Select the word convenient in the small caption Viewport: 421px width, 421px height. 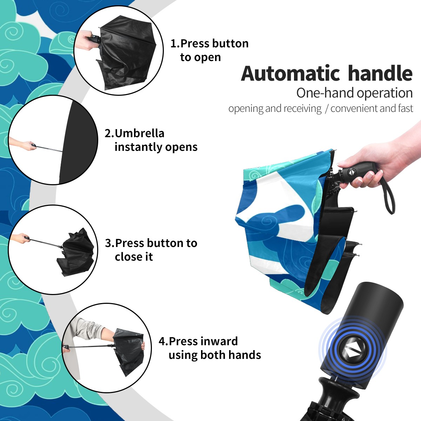tap(354, 108)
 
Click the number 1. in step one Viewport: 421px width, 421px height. tap(175, 44)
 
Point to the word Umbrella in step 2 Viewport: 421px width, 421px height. tap(140, 133)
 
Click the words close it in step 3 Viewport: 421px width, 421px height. tap(134, 257)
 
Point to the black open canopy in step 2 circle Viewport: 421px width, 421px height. tap(79, 142)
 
